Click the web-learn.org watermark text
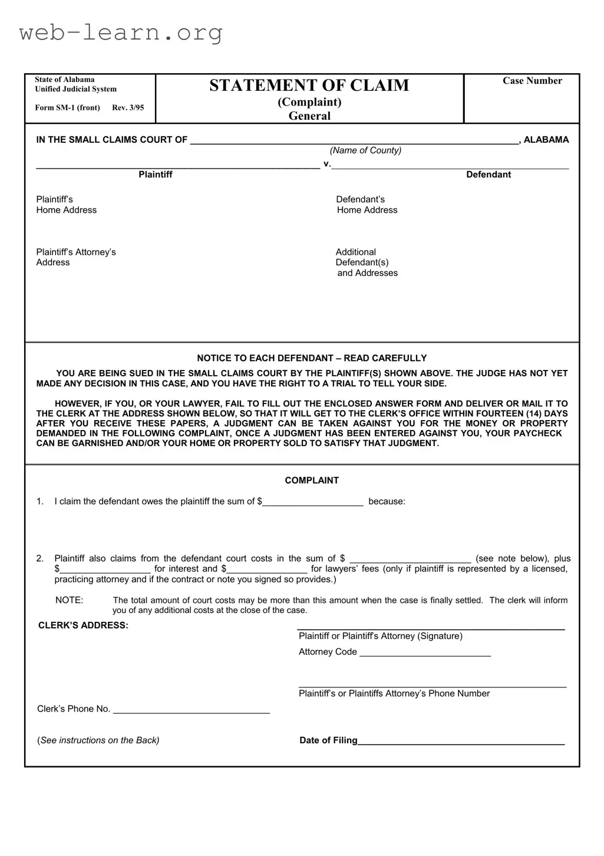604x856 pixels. [121, 32]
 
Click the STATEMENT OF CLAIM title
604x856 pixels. [309, 86]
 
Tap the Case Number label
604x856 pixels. [532, 81]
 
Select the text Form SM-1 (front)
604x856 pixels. [67, 108]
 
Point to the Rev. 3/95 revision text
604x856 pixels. [128, 108]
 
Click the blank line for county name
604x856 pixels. [354, 140]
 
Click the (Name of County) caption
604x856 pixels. [365, 150]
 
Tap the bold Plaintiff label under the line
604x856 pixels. [156, 175]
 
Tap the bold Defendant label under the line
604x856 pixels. [489, 175]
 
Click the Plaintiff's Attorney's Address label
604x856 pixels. [75, 257]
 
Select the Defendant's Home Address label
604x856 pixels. [367, 205]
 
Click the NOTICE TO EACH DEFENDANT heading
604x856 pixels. [312, 358]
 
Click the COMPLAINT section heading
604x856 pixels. [312, 481]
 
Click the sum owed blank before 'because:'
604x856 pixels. [313, 502]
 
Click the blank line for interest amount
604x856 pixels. [105, 569]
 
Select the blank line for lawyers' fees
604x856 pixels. [267, 569]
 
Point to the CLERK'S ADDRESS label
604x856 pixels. [83, 625]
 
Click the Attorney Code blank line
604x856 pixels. [425, 652]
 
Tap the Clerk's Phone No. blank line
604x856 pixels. [192, 710]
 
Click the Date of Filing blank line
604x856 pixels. [461, 741]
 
